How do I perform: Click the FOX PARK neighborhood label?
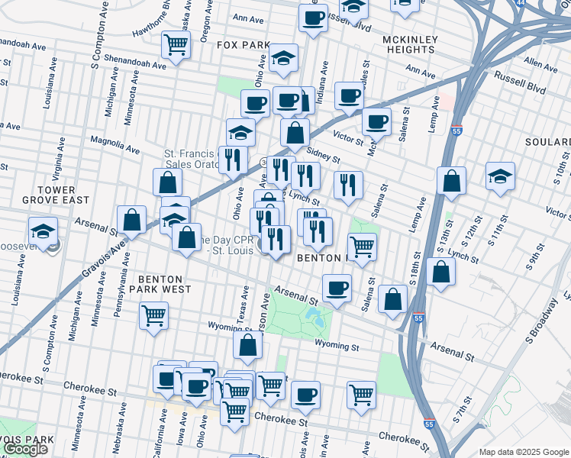[x=244, y=45]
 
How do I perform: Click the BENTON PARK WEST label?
[x=165, y=285]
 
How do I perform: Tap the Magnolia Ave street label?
[x=115, y=145]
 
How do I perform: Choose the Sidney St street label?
[x=322, y=156]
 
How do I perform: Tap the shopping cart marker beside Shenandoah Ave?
[x=176, y=45]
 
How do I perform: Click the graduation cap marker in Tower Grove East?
[x=43, y=230]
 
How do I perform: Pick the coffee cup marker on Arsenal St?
[x=337, y=288]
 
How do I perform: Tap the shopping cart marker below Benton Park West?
[x=153, y=314]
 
